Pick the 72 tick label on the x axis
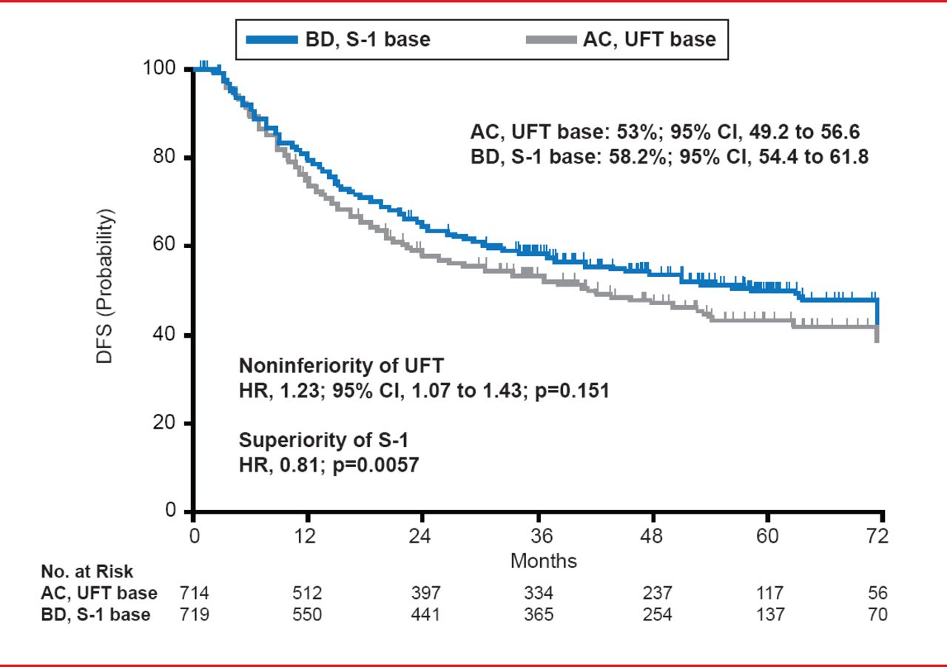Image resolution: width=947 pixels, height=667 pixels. pos(877,535)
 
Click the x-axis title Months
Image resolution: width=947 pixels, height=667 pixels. pos(543,560)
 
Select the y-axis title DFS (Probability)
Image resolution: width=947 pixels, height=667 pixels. pos(106,286)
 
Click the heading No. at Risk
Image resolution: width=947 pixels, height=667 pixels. pos(87,572)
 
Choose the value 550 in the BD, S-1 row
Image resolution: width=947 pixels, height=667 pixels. pos(307,615)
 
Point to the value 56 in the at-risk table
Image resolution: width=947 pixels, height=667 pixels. pos(877,594)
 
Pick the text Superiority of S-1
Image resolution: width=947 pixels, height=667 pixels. pos(324,441)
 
